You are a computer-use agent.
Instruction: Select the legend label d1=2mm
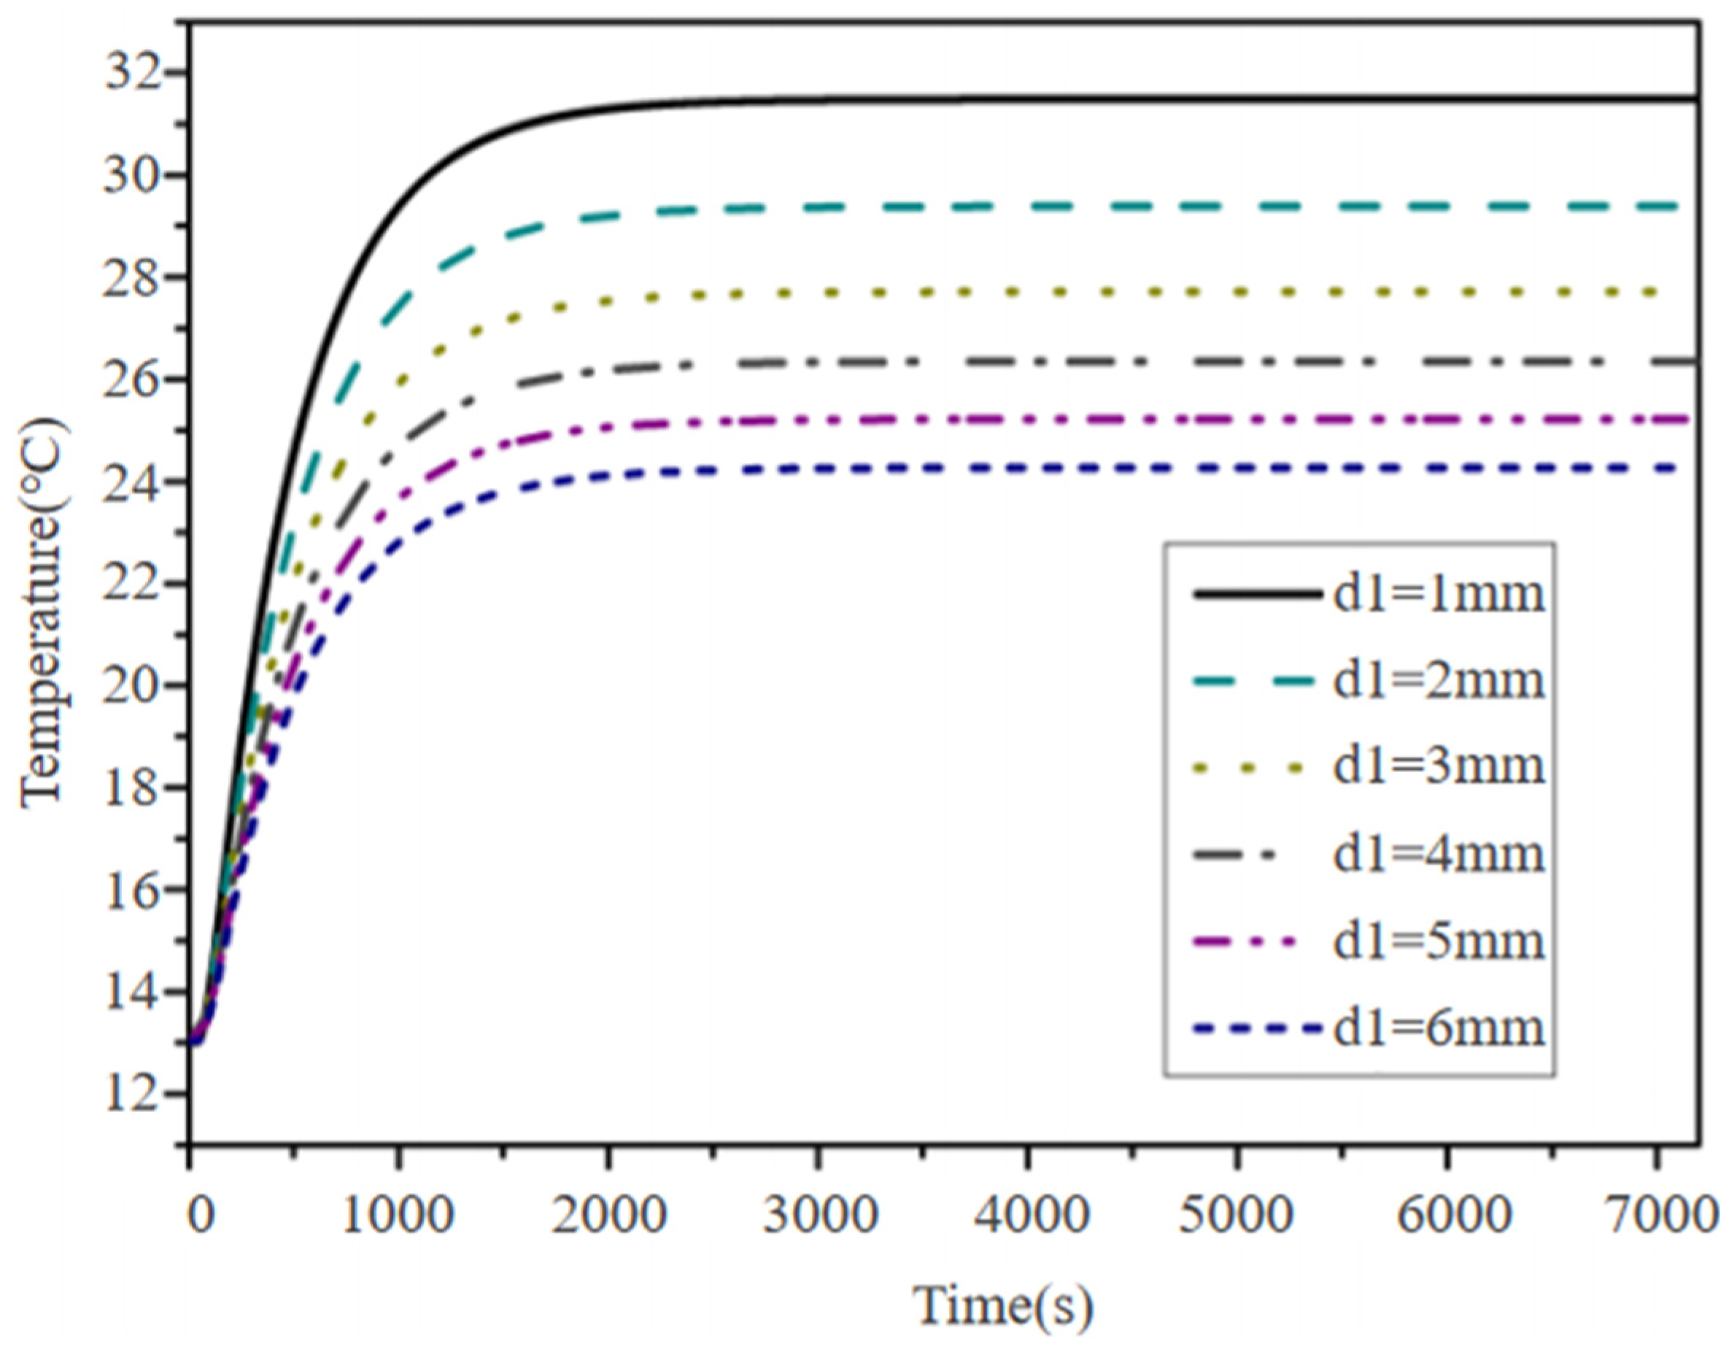pos(1439,682)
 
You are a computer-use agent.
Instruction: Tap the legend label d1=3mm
pos(1439,767)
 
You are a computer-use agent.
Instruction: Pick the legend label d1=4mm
pos(1439,855)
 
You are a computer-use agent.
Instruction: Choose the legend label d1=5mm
pos(1439,943)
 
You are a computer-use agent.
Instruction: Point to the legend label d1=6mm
pos(1439,1029)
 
